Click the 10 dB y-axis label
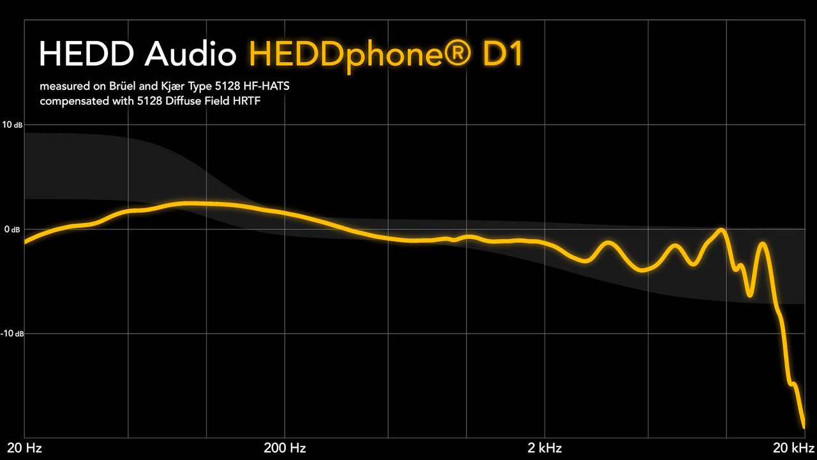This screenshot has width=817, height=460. coord(13,125)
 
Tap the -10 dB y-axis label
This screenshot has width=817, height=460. coord(13,333)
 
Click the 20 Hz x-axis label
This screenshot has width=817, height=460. coord(24,448)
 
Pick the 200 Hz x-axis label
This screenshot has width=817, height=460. coord(284,448)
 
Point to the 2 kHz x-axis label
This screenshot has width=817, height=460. coord(544,448)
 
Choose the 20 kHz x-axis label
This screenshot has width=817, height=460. coord(793,448)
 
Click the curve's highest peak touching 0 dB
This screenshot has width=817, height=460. coord(721,229)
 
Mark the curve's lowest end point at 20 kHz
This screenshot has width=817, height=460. coord(803,426)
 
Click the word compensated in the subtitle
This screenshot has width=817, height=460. coord(71,102)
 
